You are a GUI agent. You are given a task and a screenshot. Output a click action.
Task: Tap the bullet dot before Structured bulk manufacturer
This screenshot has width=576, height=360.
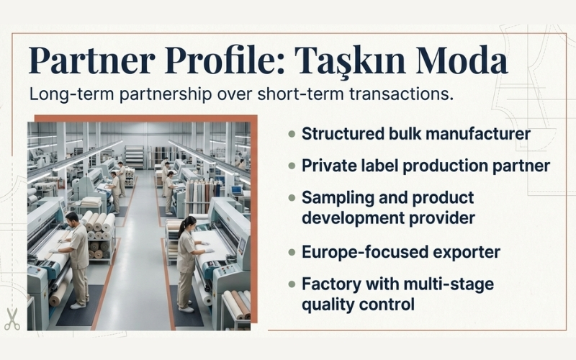292,135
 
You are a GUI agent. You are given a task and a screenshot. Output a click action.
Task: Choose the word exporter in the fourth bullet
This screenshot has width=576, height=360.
469,253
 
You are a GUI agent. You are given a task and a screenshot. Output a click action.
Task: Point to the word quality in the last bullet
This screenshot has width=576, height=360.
328,304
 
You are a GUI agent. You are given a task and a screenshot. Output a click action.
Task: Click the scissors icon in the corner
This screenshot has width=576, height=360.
12,319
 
